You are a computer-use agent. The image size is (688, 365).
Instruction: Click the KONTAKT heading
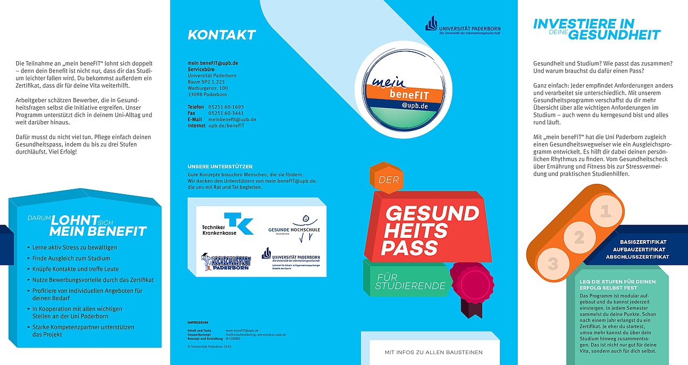pos(222,35)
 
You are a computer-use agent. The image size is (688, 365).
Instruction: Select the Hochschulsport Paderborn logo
pos(226,262)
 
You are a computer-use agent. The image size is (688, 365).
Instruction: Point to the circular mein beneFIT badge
pos(407,89)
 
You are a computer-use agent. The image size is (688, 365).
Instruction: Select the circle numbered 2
pos(579,238)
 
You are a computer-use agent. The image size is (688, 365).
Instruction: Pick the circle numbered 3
pos(553,264)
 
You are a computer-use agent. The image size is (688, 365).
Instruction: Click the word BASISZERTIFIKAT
pos(643,242)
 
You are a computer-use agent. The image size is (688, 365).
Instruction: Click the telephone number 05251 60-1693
pos(226,107)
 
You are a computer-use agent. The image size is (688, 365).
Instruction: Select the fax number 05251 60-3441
pos(226,113)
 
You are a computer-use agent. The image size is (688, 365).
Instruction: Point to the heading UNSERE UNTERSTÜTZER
pos(220,167)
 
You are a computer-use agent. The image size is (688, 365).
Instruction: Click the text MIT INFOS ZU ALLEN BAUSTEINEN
pos(433,353)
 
